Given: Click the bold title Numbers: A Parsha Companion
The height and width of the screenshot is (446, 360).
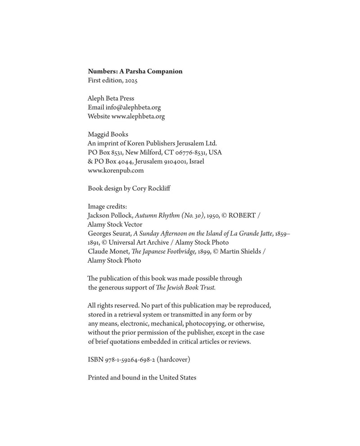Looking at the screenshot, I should [x=135, y=71].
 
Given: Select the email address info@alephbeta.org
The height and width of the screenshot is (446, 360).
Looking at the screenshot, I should [x=133, y=107].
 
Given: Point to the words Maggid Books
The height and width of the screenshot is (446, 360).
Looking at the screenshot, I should [x=108, y=134].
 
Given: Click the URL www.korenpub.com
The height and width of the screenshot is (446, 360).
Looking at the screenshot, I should [x=116, y=170].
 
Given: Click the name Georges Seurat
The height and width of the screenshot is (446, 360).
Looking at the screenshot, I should [x=109, y=234].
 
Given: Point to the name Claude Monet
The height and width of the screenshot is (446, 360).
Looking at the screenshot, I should [x=106, y=252].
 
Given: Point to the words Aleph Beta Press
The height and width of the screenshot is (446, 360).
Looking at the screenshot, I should [x=111, y=98].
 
